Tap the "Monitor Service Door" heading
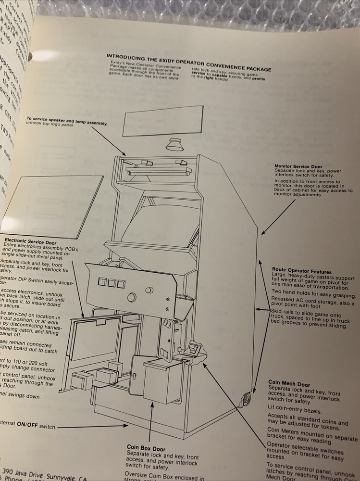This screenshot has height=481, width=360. [298, 166]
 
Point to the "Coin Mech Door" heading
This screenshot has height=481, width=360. [289, 384]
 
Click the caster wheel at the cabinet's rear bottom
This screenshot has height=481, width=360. [247, 399]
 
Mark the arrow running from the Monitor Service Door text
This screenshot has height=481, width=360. [279, 215]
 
